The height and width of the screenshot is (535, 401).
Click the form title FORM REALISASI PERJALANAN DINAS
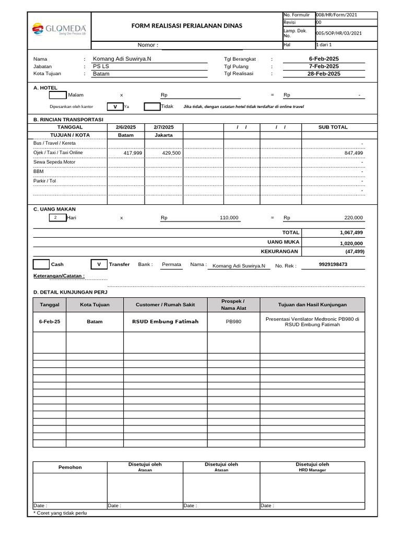click(186, 26)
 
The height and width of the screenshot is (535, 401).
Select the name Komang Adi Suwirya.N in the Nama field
click(122, 59)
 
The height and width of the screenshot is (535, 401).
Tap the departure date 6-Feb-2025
click(324, 59)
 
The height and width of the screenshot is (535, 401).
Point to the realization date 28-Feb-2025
click(324, 74)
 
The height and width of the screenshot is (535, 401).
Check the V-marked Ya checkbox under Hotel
click(115, 107)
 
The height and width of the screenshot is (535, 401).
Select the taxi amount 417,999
click(133, 153)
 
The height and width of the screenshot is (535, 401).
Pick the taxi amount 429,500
click(171, 153)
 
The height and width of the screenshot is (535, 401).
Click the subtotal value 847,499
click(353, 153)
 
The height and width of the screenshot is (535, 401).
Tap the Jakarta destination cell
click(163, 135)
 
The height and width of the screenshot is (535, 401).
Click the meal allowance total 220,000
click(353, 218)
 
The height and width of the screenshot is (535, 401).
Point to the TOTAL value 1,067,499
click(351, 232)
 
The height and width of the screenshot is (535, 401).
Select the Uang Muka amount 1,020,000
click(351, 243)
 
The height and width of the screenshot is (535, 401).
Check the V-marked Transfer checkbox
click(99, 264)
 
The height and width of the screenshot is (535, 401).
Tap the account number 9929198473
click(333, 264)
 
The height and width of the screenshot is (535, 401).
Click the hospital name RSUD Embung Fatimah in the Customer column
click(165, 321)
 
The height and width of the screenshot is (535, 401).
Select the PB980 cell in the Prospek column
click(233, 321)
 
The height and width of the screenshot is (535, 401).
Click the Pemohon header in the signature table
click(70, 467)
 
